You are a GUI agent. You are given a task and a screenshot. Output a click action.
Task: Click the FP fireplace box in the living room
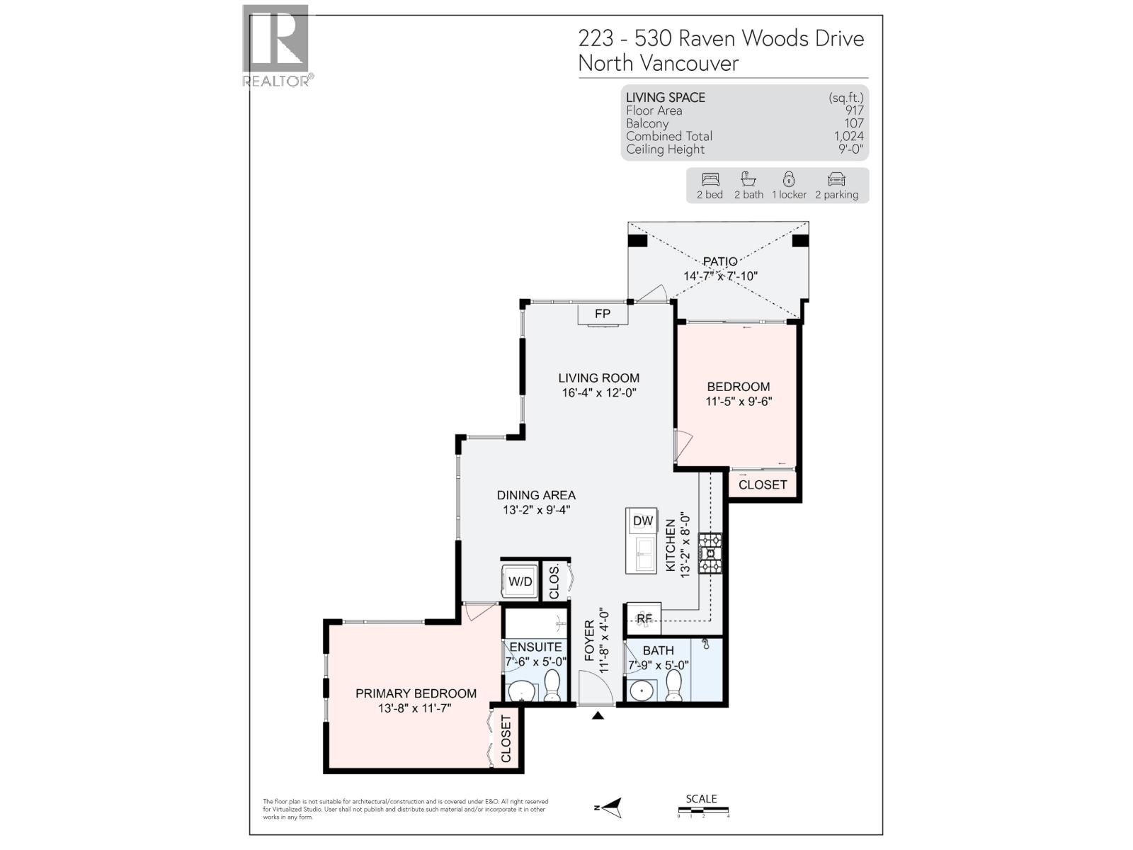click(603, 314)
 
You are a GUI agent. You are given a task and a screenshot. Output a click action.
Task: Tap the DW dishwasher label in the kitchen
click(643, 521)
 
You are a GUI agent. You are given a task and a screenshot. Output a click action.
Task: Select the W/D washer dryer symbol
click(520, 582)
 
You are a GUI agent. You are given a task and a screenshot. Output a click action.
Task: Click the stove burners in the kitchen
click(710, 552)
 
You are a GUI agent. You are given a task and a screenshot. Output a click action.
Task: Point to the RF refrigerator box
click(644, 618)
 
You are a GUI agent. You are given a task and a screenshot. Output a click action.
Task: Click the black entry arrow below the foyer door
click(598, 715)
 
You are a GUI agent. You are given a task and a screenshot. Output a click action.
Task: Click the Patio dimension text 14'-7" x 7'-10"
click(720, 276)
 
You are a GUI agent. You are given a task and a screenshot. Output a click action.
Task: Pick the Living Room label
click(598, 378)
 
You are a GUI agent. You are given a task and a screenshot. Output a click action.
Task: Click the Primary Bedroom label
click(416, 693)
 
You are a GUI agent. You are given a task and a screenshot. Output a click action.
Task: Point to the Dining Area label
click(536, 495)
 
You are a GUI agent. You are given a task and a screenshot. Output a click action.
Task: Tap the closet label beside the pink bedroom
click(763, 484)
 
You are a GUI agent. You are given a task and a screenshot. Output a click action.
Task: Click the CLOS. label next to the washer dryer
click(554, 582)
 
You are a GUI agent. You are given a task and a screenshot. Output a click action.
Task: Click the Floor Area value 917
click(854, 110)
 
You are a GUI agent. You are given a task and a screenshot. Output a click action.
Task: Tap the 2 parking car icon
click(836, 179)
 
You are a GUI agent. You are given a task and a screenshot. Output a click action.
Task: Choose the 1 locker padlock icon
click(789, 179)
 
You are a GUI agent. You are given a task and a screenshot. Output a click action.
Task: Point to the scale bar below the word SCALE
click(702, 810)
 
